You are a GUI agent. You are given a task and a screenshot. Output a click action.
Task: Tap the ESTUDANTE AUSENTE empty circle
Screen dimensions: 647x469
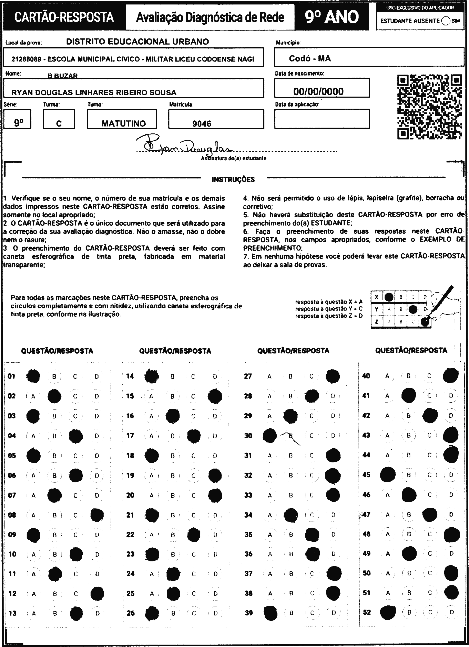[x=445, y=21]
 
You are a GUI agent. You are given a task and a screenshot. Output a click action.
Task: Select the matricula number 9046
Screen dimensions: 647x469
[x=202, y=124]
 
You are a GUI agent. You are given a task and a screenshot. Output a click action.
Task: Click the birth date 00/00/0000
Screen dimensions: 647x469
[x=318, y=92]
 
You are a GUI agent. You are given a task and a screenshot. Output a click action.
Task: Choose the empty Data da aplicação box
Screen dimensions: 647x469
[x=322, y=119]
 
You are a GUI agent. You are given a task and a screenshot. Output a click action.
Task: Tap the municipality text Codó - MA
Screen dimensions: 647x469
[x=310, y=59]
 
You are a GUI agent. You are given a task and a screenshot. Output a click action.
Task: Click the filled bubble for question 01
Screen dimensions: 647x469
[x=33, y=376]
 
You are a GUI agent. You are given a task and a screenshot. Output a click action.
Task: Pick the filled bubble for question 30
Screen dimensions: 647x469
[x=269, y=436]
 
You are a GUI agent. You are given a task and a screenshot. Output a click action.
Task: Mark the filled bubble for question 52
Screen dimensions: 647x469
[x=388, y=612]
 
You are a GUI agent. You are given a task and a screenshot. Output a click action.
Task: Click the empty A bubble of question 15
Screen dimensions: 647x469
[x=151, y=396]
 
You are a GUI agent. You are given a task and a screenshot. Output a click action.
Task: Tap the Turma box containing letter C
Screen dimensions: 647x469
[x=59, y=119]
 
